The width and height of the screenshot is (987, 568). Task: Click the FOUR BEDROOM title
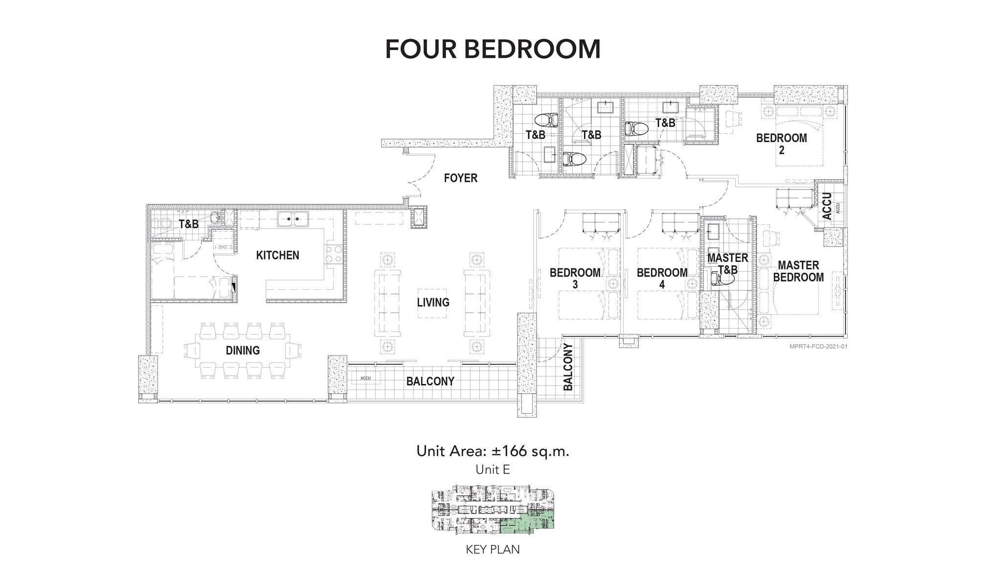493,48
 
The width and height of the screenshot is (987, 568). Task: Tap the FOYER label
460,178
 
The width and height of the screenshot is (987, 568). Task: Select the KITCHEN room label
277,255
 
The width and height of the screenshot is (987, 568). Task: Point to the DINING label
243,351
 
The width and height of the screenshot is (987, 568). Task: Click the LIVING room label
433,303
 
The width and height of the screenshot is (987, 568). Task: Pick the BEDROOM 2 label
781,144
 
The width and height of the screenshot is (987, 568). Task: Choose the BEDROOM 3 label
575,278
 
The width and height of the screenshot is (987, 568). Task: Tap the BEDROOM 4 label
662,278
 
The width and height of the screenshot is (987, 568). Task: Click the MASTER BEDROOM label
798,271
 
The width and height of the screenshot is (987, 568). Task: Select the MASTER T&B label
727,264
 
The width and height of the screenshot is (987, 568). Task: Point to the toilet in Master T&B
723,279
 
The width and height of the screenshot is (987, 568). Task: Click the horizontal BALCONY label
430,381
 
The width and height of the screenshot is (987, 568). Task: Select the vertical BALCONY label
568,367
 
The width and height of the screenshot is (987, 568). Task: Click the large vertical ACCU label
827,206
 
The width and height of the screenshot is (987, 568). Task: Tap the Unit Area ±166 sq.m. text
493,451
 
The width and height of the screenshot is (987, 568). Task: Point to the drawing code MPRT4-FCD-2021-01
818,347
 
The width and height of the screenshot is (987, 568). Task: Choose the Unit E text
493,470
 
